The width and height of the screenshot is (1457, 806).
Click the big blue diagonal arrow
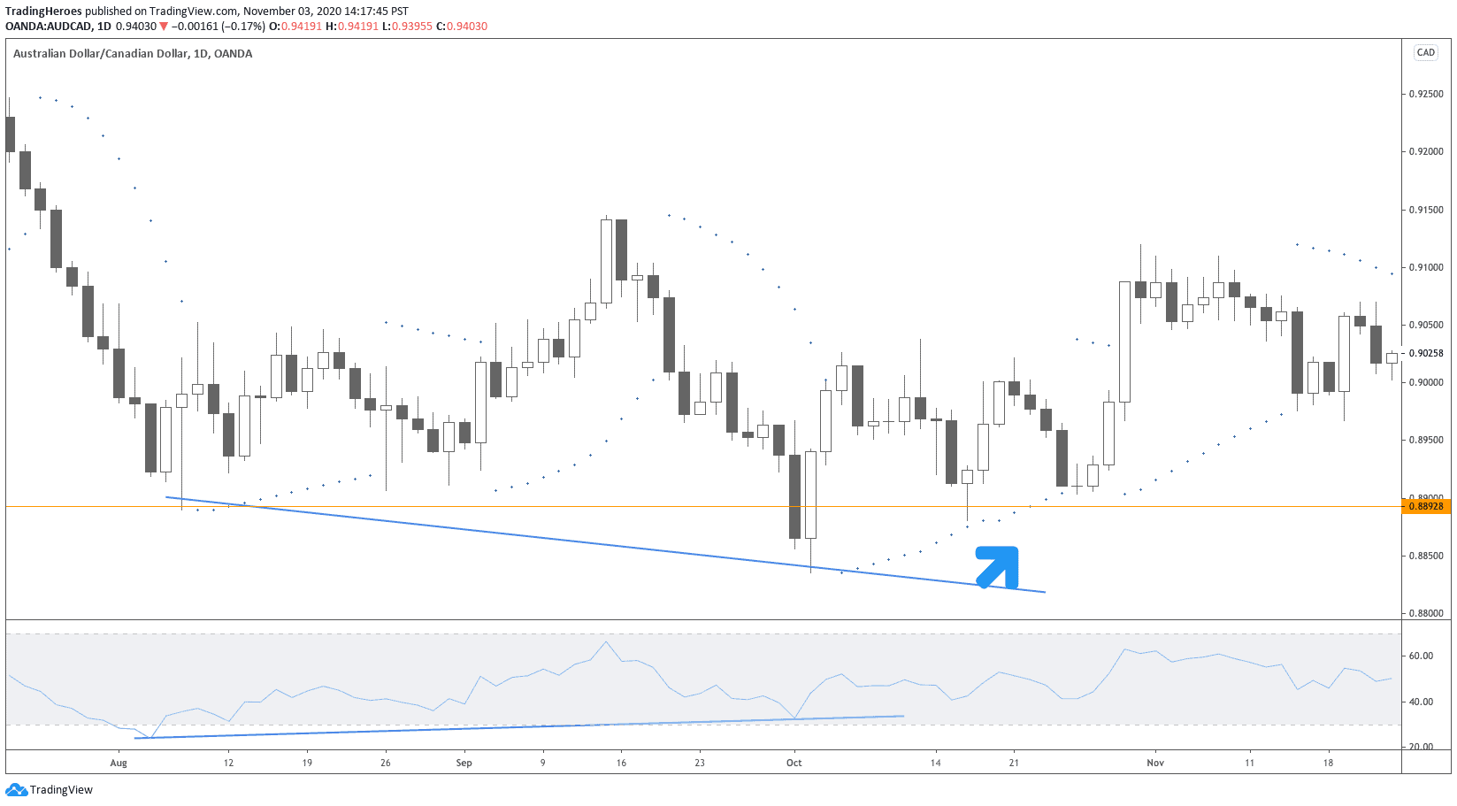[x=999, y=566]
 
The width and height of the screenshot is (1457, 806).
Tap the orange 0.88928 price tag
[x=1425, y=506]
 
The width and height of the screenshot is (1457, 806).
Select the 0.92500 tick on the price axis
[x=1426, y=94]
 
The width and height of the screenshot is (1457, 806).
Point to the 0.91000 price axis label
[x=1426, y=267]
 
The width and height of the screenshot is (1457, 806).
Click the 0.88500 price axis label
[x=1426, y=556]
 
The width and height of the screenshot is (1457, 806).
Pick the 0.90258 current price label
[x=1426, y=353]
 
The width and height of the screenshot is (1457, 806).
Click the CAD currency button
[x=1426, y=52]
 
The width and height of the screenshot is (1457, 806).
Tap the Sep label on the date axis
[x=464, y=763]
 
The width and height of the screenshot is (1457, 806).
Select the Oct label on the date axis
[x=794, y=763]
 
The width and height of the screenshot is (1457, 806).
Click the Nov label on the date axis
[x=1154, y=763]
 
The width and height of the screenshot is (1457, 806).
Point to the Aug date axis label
[x=119, y=763]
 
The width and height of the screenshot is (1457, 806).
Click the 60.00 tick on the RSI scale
[x=1421, y=656]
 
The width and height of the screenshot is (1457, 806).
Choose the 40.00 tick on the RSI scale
[x=1421, y=702]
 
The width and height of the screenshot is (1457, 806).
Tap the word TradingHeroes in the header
[x=43, y=12]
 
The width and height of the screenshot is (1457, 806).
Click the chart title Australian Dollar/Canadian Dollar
[x=100, y=53]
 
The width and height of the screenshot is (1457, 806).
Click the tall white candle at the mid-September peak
[x=606, y=261]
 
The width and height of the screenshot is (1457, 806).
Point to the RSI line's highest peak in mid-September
[x=606, y=641]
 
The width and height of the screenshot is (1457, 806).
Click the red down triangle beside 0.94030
[x=163, y=27]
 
